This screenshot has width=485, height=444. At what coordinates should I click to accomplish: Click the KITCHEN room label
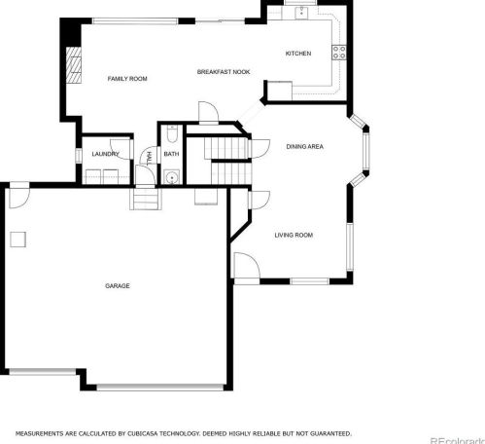pyautogui.click(x=298, y=54)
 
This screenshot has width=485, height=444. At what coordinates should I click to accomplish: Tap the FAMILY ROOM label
pyautogui.click(x=127, y=79)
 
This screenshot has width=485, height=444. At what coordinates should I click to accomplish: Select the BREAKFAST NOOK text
pyautogui.click(x=224, y=72)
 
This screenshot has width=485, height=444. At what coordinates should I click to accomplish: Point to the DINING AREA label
pyautogui.click(x=304, y=147)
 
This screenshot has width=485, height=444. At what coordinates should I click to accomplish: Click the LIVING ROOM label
pyautogui.click(x=294, y=235)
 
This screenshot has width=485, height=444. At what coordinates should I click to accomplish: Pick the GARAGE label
pyautogui.click(x=118, y=286)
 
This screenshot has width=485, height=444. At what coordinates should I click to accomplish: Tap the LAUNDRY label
pyautogui.click(x=105, y=154)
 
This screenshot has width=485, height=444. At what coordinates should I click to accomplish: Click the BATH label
pyautogui.click(x=171, y=154)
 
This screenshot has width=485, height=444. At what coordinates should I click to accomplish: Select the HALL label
pyautogui.click(x=150, y=158)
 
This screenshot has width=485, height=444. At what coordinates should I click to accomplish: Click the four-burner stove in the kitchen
pyautogui.click(x=339, y=53)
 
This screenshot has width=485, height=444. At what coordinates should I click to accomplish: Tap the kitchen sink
pyautogui.click(x=302, y=13)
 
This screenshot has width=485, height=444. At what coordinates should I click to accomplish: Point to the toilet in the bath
pyautogui.click(x=172, y=134)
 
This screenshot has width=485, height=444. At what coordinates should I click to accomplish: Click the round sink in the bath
pyautogui.click(x=172, y=177)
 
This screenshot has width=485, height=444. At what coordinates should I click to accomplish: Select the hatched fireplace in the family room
pyautogui.click(x=74, y=65)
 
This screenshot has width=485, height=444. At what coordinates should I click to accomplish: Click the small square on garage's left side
pyautogui.click(x=17, y=240)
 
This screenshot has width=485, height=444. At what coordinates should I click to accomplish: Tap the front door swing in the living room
pyautogui.click(x=247, y=265)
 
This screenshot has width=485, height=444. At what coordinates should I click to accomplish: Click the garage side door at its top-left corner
pyautogui.click(x=19, y=198)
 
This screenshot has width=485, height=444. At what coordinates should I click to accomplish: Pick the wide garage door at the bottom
pyautogui.click(x=160, y=387)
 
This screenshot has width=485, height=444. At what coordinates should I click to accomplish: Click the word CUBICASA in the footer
pyautogui.click(x=142, y=433)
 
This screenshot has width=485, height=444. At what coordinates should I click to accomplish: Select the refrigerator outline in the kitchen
pyautogui.click(x=280, y=91)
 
